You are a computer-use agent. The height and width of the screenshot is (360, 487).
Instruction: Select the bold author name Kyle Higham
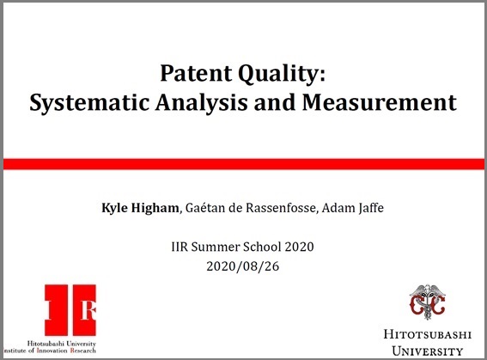(137, 208)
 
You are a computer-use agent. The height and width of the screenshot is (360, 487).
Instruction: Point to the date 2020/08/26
(243, 266)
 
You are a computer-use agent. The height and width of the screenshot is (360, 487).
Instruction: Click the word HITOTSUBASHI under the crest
(425, 334)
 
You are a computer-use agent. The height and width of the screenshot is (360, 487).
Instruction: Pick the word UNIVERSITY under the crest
(425, 350)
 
